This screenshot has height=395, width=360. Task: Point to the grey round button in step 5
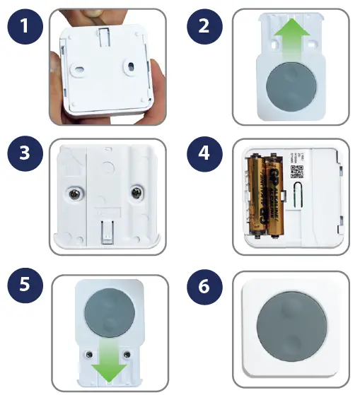coord(108,311)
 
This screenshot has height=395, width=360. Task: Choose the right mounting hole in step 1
coord(131,66)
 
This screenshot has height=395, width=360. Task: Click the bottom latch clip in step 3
coord(106,230)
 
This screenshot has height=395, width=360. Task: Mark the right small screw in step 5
coord(127,352)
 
